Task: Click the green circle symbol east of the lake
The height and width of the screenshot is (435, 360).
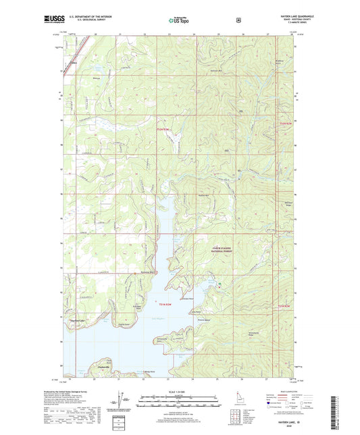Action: point(218,284)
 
